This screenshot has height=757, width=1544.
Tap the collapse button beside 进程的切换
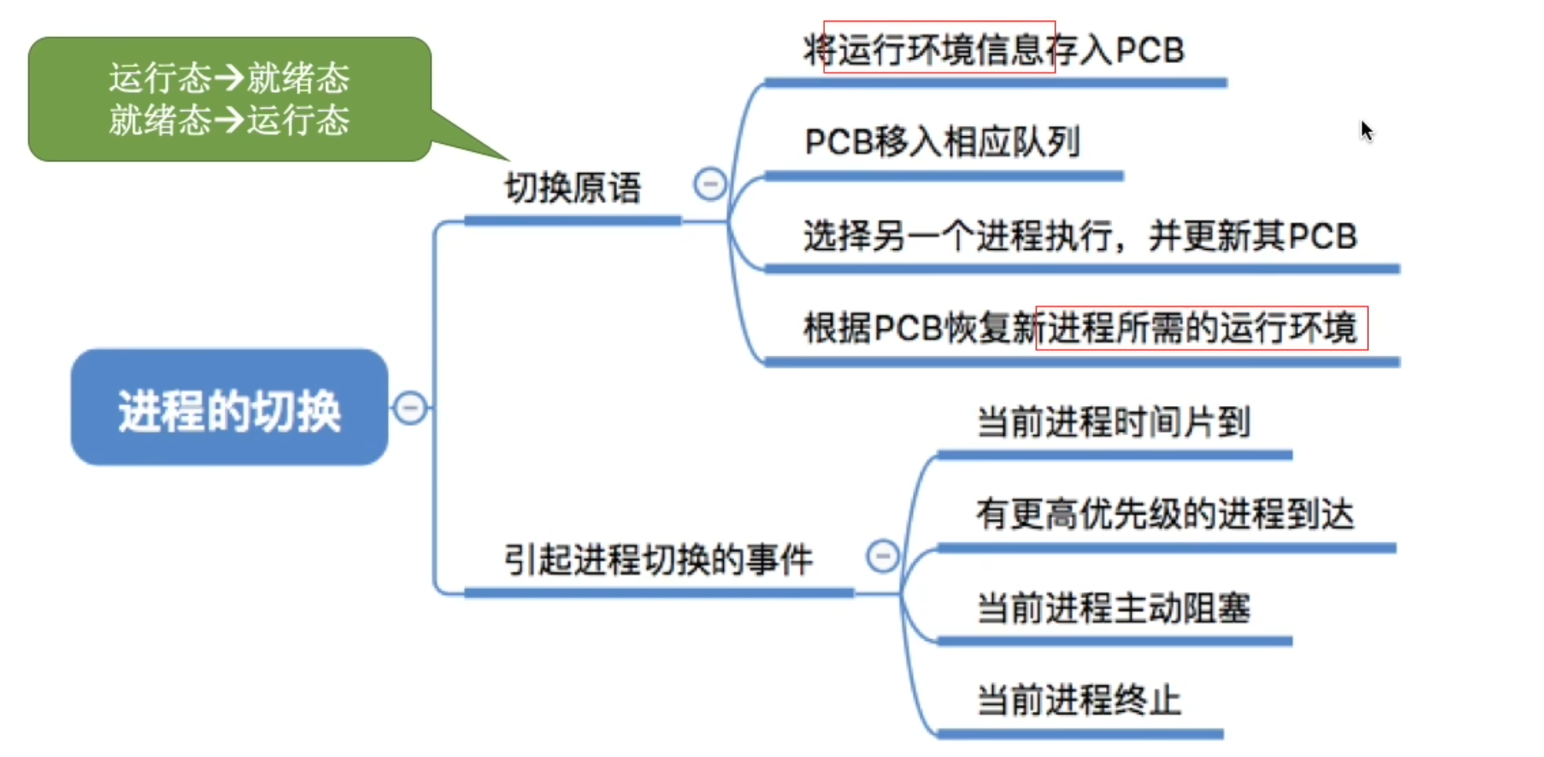pos(410,408)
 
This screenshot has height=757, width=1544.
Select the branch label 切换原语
pos(573,188)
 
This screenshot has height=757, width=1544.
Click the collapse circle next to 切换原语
pos(710,184)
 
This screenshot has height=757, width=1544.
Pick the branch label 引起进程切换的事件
pos(658,560)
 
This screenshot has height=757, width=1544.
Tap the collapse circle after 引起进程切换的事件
pos(883,556)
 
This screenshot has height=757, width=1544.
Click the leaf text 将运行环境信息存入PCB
pos(993,50)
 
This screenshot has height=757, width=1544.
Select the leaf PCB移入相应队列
pos(942,142)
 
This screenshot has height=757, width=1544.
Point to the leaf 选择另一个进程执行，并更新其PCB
pos(1079,236)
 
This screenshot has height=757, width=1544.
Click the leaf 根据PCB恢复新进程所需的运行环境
pos(1079,328)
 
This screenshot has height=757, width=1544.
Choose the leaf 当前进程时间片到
pos(1113,422)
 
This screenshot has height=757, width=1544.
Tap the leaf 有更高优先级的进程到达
pos(1164,514)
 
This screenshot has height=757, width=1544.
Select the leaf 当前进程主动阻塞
pos(1113,607)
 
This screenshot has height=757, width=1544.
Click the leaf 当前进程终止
pos(1078,700)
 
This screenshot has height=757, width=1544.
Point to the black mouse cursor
pos(1366,130)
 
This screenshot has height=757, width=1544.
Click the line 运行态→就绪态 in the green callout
pos(229,78)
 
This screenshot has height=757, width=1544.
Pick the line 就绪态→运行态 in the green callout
pos(229,119)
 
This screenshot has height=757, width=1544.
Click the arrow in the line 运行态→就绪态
pos(229,78)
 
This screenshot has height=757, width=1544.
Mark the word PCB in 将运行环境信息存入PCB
pos(1149,50)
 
